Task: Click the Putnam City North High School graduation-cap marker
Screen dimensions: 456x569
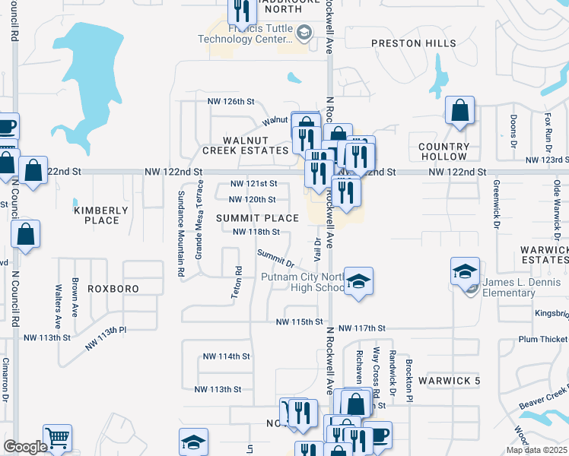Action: tap(358, 280)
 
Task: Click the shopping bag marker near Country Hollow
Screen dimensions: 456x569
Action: tap(460, 110)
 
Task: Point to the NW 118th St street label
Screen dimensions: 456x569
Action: tap(256, 232)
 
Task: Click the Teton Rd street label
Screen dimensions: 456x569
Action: tap(237, 281)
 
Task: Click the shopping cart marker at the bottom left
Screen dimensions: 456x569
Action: tap(57, 438)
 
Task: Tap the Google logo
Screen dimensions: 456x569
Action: tap(25, 447)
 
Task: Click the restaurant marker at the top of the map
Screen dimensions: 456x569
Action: tap(241, 10)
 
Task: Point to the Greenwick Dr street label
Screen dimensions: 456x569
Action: tap(495, 205)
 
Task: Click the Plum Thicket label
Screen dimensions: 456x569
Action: tap(543, 339)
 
